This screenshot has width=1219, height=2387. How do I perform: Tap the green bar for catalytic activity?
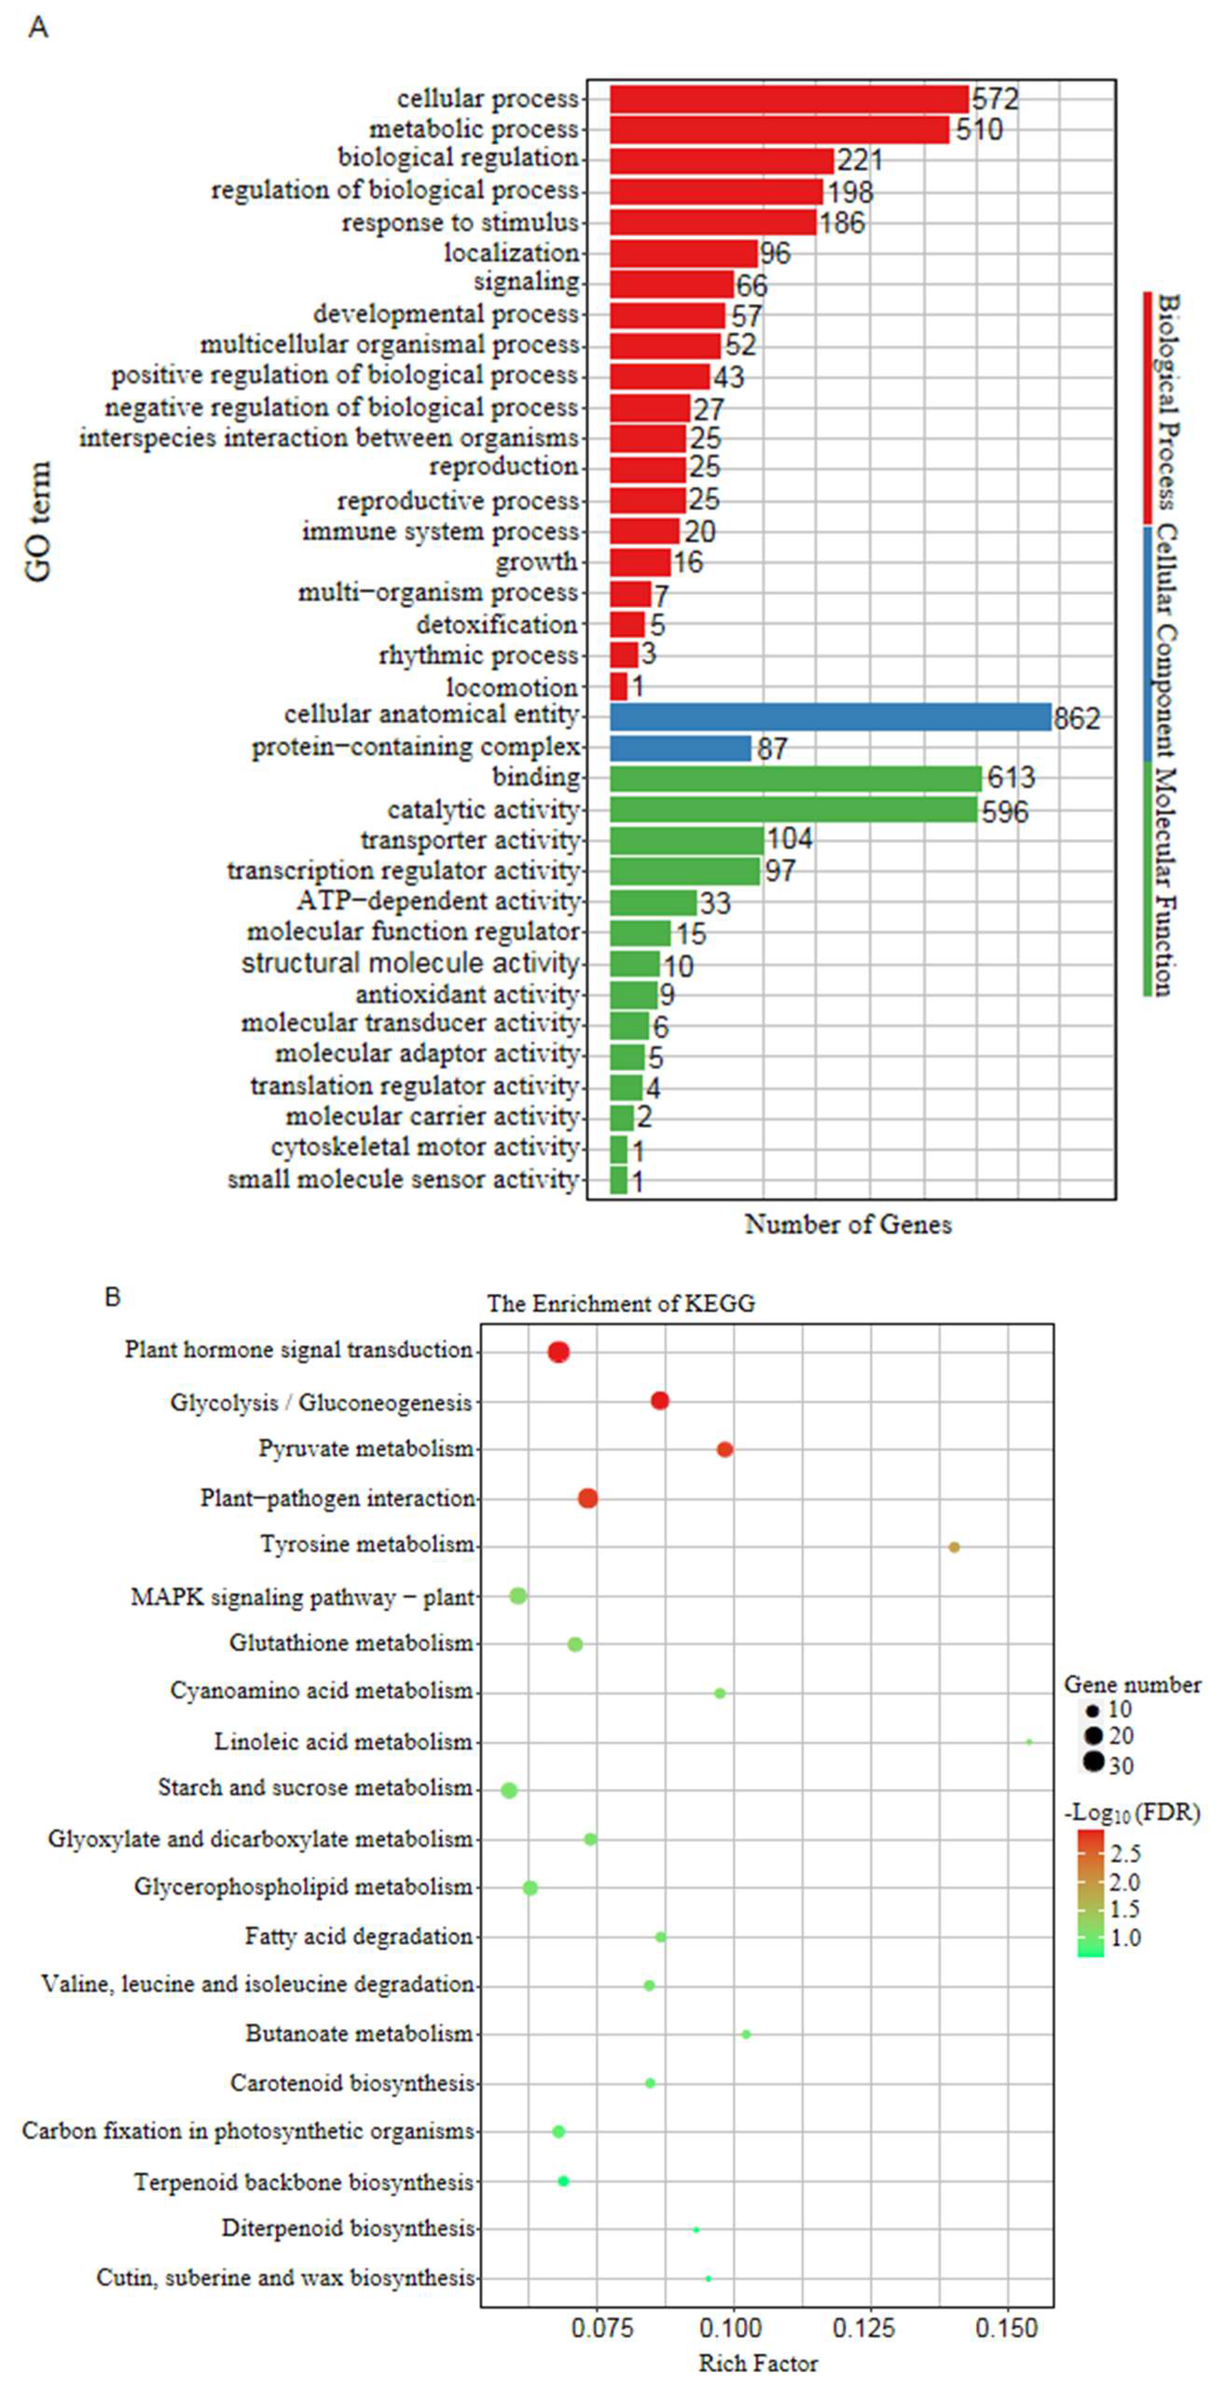click(793, 810)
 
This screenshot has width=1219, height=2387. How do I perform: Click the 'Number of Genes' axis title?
click(847, 1225)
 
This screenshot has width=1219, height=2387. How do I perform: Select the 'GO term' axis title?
click(39, 522)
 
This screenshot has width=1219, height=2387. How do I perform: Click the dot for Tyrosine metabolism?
click(954, 1547)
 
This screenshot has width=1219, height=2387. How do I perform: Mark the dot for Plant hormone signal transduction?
click(558, 1352)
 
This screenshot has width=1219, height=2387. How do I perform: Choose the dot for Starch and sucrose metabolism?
click(509, 1790)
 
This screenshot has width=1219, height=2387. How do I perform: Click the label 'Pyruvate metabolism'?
click(366, 1449)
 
